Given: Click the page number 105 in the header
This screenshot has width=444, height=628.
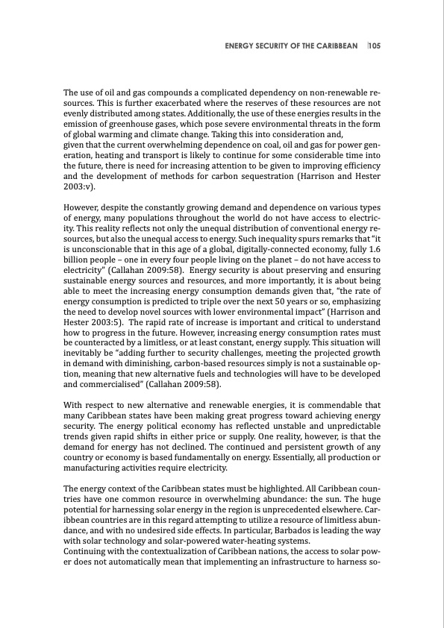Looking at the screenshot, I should coord(375,45).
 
